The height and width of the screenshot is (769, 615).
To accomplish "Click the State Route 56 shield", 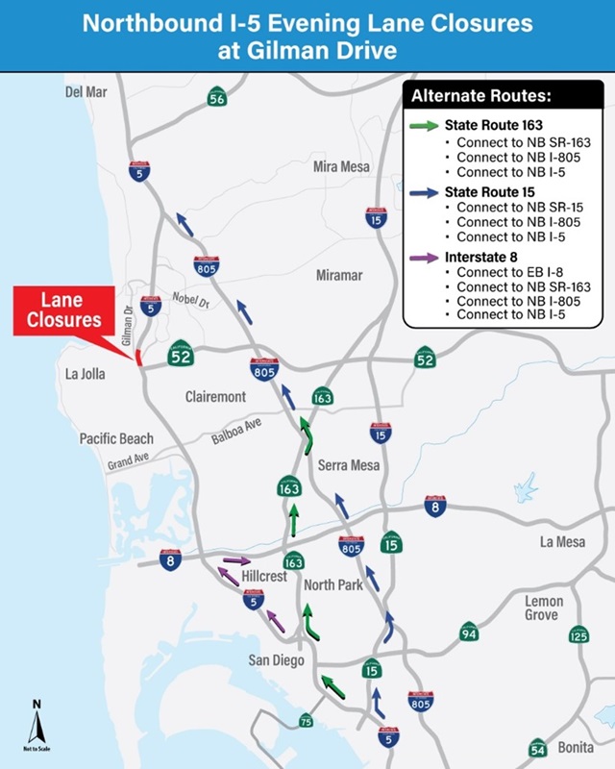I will pos(217,97).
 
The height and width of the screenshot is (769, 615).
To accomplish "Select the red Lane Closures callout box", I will pos(61,310).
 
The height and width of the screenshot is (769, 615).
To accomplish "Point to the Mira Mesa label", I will pos(341,166).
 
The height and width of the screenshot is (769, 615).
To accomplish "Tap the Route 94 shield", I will pos(468,632).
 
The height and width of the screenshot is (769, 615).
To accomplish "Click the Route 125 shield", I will pos(578,635).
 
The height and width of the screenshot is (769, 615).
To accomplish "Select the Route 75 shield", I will pos(306,721).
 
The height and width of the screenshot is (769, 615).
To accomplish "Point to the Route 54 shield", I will pos(537,748).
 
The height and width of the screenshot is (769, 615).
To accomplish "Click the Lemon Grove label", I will pos(544,608).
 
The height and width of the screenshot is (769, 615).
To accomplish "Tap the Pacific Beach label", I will pos(116,438).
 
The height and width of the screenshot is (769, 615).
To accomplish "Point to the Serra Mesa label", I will pos(350,465).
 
